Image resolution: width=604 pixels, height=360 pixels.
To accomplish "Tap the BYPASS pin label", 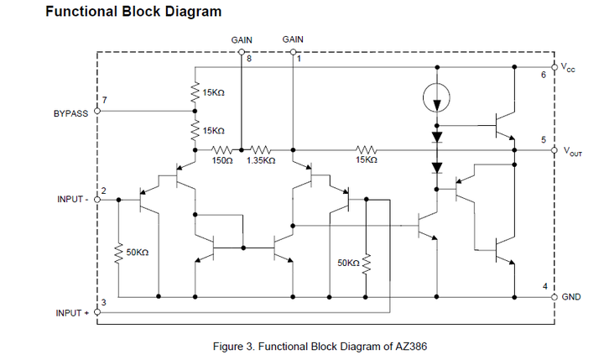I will click(x=70, y=112).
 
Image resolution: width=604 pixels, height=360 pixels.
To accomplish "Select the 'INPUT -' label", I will click(x=72, y=200).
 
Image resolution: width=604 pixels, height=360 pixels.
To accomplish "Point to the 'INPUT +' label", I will click(x=73, y=312).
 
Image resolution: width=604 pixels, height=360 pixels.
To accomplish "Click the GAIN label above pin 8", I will click(x=242, y=39).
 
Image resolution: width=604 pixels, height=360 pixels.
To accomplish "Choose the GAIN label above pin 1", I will click(x=293, y=39).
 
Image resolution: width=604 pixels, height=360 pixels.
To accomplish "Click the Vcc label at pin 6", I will click(x=568, y=68).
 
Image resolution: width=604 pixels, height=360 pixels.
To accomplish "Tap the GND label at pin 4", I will click(x=571, y=297).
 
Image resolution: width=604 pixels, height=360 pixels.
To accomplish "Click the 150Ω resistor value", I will click(x=221, y=159).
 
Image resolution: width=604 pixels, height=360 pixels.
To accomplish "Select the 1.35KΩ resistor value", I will click(x=260, y=159).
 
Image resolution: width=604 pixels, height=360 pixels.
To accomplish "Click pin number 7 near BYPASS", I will click(x=104, y=101).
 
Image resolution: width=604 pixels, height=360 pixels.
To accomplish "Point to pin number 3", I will click(x=103, y=303).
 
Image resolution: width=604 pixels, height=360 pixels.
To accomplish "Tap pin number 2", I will click(x=103, y=191).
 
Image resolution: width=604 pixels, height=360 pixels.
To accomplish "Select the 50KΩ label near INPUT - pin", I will click(x=137, y=252).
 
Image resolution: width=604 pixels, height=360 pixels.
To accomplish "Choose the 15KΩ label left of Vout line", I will click(x=364, y=159).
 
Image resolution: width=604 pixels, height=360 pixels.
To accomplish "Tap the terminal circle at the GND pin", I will click(x=555, y=297).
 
